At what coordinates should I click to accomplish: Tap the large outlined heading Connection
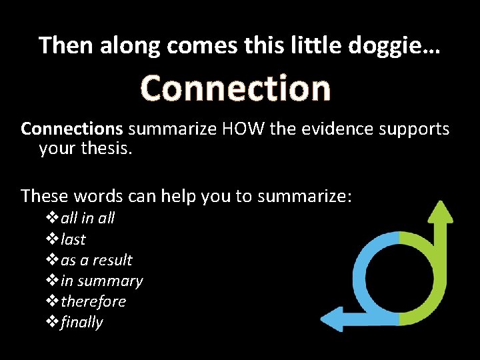click(x=235, y=89)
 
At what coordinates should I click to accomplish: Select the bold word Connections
click(x=72, y=129)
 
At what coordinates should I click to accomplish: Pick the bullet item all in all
click(x=87, y=218)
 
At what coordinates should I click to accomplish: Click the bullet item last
click(x=73, y=239)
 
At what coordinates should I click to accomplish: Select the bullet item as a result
click(x=97, y=260)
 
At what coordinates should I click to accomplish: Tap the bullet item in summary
click(x=101, y=281)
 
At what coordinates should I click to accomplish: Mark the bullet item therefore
click(x=93, y=301)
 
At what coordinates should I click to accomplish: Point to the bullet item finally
click(x=82, y=323)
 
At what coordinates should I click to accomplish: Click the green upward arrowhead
click(x=439, y=212)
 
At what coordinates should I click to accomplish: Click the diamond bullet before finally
click(x=53, y=323)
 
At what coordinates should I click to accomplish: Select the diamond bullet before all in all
click(x=53, y=218)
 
